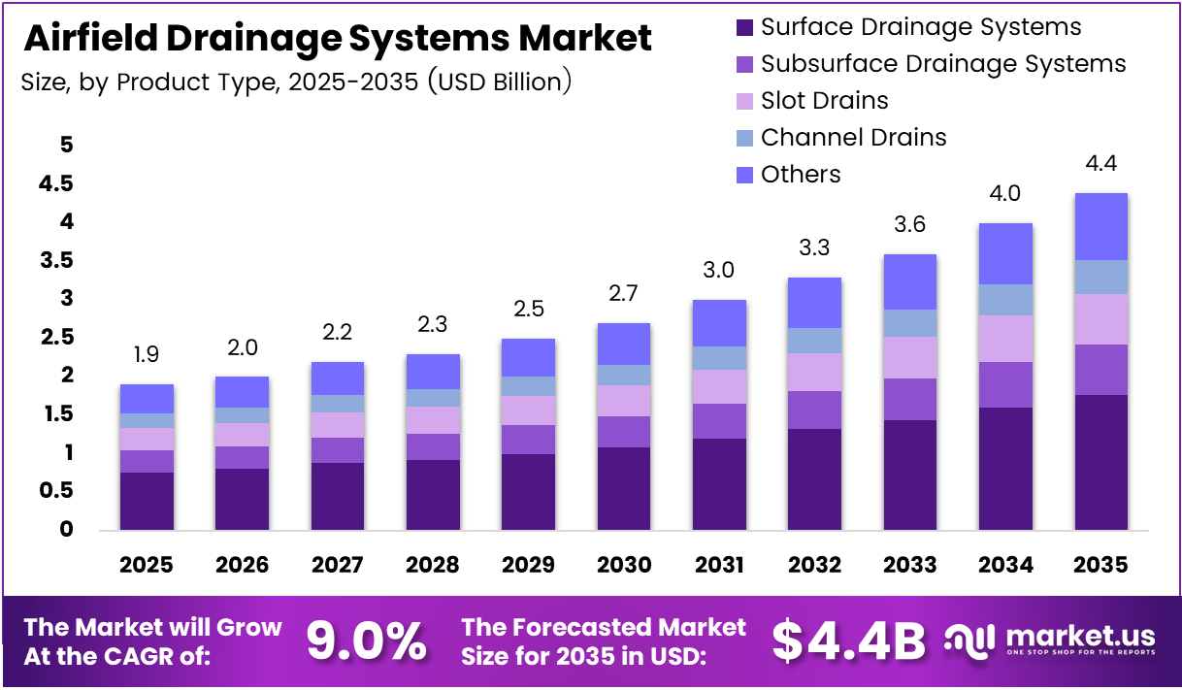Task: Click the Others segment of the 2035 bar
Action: pyautogui.click(x=1100, y=226)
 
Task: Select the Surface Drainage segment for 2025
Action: pyautogui.click(x=147, y=500)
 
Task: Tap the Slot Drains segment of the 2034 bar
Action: pyautogui.click(x=1005, y=338)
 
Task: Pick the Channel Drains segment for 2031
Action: pyautogui.click(x=719, y=358)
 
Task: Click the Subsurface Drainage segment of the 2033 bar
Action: pyautogui.click(x=910, y=399)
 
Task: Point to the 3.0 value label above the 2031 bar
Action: pyautogui.click(x=719, y=270)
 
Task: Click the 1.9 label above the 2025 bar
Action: pyautogui.click(x=147, y=355)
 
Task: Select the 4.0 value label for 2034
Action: pyautogui.click(x=1005, y=193)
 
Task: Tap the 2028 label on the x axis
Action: pyautogui.click(x=433, y=564)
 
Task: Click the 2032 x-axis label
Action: pyautogui.click(x=814, y=564)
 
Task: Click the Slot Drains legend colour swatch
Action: pyautogui.click(x=744, y=101)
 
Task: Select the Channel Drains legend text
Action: pyautogui.click(x=853, y=138)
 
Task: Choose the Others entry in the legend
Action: pyautogui.click(x=800, y=175)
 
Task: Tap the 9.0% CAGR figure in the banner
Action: pyautogui.click(x=367, y=641)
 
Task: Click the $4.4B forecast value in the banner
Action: pyautogui.click(x=849, y=641)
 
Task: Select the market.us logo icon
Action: pyautogui.click(x=970, y=641)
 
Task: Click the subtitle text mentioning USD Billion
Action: pyautogui.click(x=296, y=82)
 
